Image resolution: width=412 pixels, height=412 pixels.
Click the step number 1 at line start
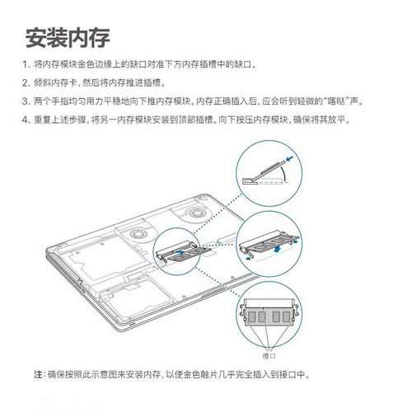[x=25, y=64]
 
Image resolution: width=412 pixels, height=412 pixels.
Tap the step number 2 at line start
[x=25, y=83]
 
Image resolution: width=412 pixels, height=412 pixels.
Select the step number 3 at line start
[x=25, y=101]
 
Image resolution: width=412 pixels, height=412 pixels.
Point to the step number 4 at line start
[x=25, y=120]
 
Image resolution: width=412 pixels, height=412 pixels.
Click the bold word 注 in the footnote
[x=37, y=374]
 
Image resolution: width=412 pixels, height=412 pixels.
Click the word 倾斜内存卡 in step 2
[x=54, y=83]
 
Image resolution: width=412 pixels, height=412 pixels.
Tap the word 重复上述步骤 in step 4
[x=58, y=120]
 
